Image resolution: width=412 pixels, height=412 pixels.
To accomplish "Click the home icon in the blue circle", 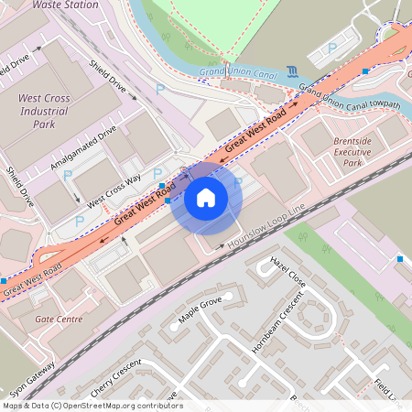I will click(x=206, y=197).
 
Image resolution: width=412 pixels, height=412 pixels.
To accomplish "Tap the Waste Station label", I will click(x=64, y=5).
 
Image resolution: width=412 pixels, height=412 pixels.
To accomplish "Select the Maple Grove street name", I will click(x=201, y=312).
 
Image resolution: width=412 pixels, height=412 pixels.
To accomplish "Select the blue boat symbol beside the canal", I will click(x=290, y=71).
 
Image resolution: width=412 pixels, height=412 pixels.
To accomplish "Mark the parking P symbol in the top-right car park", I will click(x=332, y=47).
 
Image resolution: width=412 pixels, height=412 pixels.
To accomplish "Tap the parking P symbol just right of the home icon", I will click(x=238, y=183).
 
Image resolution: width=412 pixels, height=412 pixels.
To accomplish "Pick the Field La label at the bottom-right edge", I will click(x=388, y=392).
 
